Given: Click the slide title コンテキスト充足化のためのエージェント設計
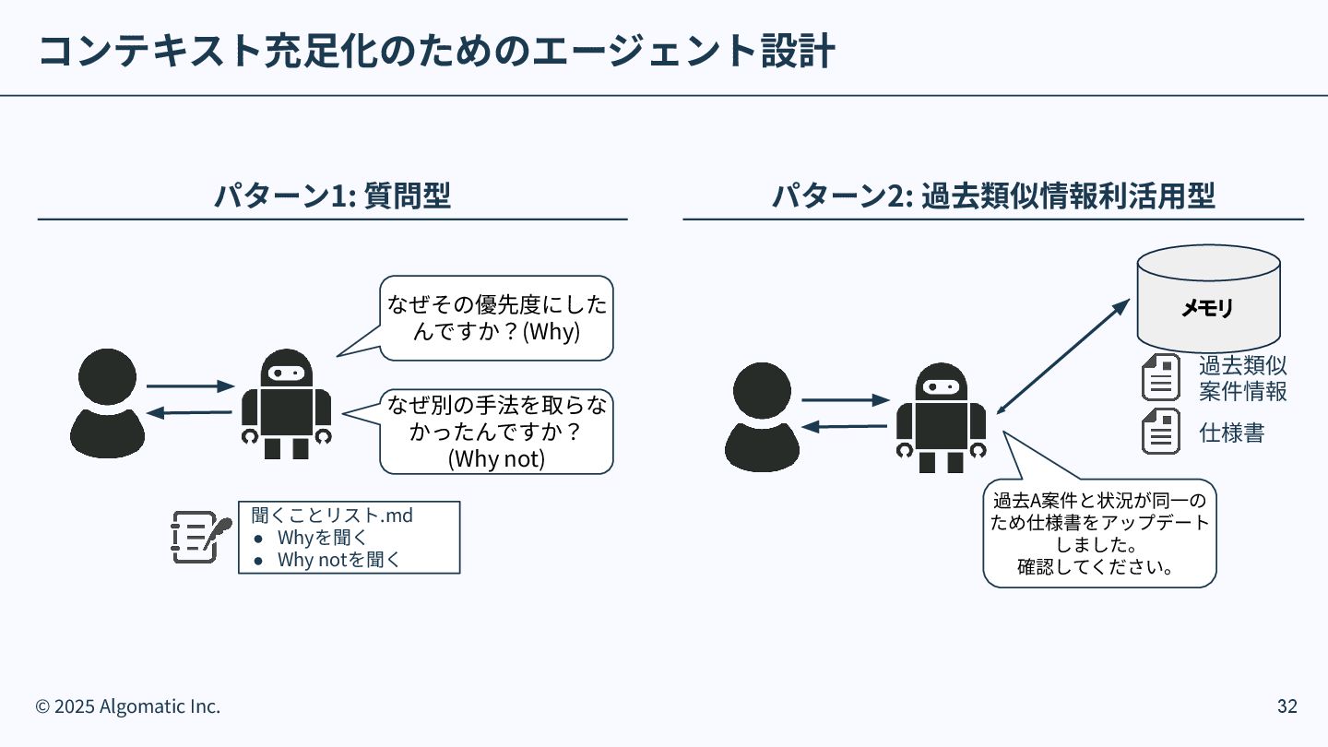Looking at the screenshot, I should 435,52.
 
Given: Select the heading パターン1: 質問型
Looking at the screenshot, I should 332,196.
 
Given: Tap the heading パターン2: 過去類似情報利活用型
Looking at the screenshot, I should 993,196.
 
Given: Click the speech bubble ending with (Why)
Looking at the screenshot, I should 497,318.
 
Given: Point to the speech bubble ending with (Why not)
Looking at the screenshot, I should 496,432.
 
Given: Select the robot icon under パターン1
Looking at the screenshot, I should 286,404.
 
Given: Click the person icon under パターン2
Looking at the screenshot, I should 762,417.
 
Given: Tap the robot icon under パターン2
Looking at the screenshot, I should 941,418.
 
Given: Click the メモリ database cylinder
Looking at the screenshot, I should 1208,297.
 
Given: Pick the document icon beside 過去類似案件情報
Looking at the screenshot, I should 1161,377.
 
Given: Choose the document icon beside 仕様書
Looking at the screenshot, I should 1161,433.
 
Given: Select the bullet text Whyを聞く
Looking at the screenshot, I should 323,537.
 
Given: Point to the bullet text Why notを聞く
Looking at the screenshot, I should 338,559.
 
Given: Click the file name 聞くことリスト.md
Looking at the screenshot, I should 332,515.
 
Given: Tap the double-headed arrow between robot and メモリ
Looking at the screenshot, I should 1062,357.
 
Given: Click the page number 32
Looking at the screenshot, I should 1286,706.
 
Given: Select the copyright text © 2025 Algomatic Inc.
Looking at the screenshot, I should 128,706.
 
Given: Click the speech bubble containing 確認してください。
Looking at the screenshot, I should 1099,533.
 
